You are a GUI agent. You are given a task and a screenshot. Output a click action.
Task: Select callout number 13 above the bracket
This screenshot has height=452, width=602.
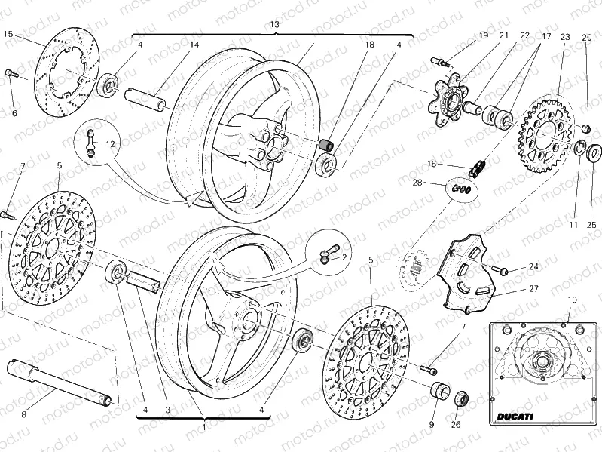pos(274,24)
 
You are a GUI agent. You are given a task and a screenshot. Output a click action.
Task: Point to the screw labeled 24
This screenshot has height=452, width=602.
pos(500,268)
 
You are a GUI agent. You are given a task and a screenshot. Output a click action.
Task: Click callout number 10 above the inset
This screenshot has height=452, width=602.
pos(571,300)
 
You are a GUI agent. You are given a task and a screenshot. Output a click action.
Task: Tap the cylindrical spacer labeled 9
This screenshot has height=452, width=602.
pos(439,395)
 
